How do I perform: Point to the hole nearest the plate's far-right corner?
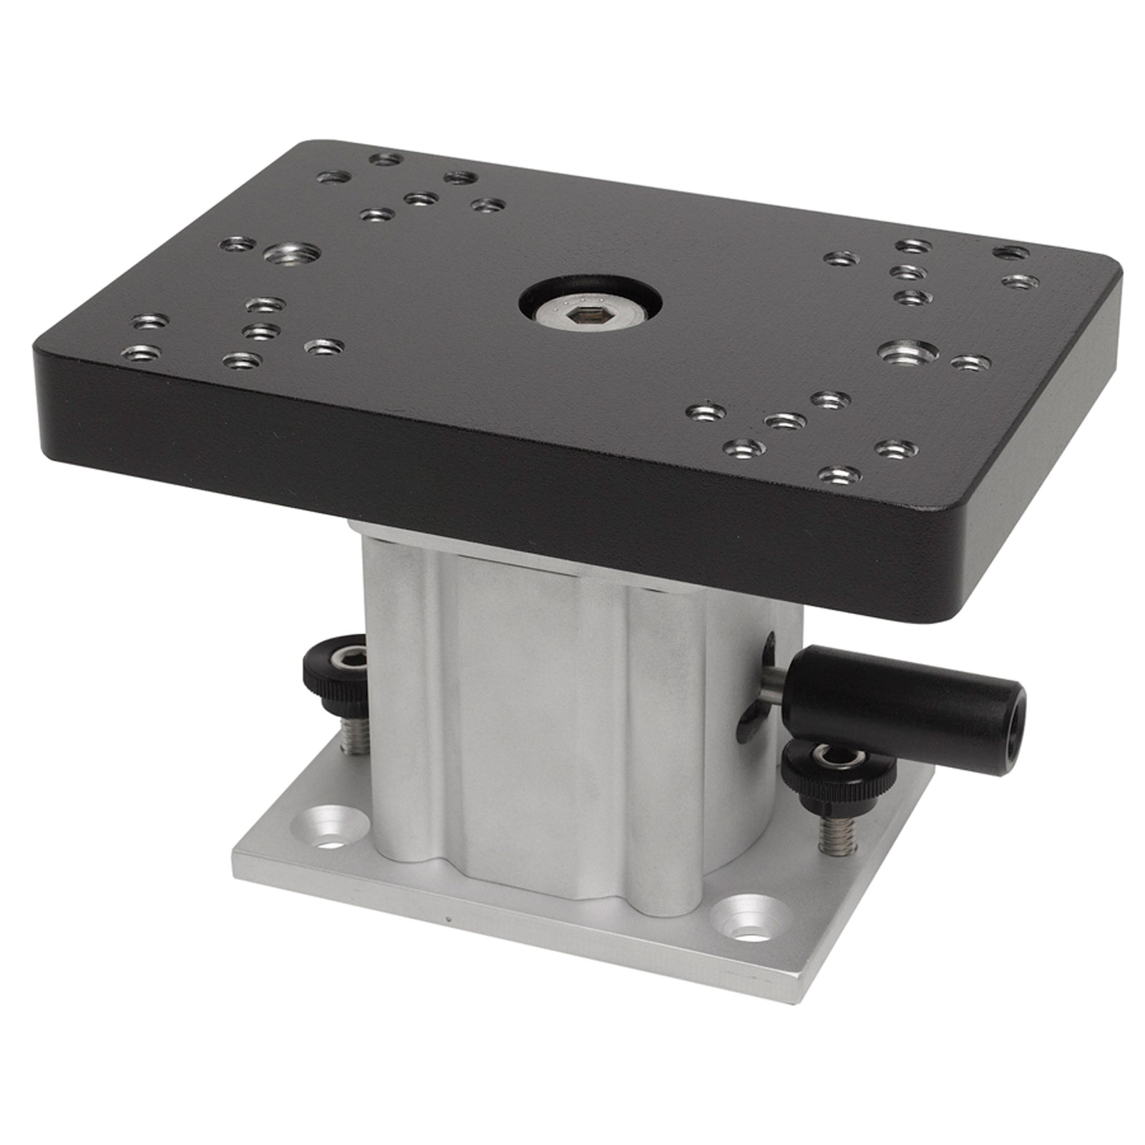[1011, 253]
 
